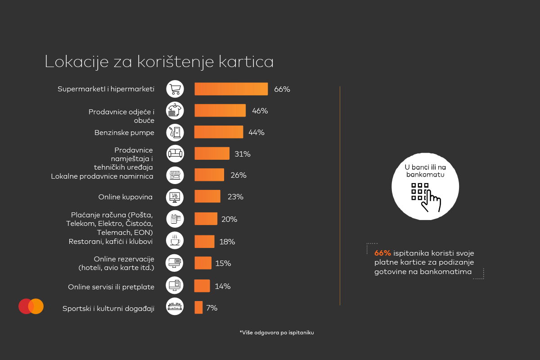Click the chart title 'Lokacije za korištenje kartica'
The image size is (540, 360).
click(159, 62)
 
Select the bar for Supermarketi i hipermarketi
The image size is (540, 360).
click(231, 89)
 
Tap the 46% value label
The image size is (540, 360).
click(260, 111)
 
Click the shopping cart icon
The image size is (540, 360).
click(175, 89)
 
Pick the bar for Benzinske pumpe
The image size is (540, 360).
click(219, 132)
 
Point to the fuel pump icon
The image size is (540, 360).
click(175, 132)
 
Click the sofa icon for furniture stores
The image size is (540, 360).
click(175, 154)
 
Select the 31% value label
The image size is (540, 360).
click(242, 154)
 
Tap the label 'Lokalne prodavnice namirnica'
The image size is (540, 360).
click(102, 176)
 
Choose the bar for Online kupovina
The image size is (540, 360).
click(207, 197)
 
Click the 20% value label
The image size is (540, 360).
click(229, 219)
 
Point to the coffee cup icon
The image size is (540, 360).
click(175, 241)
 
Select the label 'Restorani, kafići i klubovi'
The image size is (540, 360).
click(111, 242)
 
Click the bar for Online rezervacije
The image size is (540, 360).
click(203, 263)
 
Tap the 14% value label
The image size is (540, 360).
click(223, 286)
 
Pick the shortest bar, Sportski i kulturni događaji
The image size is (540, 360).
click(198, 307)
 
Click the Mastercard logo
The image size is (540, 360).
click(31, 306)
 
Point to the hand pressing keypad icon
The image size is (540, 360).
click(425, 197)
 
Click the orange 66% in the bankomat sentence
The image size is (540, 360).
click(382, 253)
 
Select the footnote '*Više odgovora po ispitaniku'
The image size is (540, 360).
click(276, 333)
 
